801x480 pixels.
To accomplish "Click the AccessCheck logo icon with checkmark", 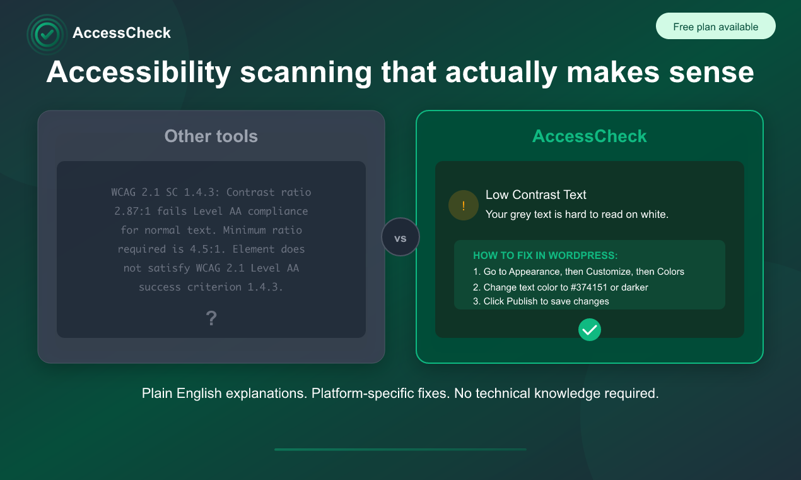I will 47,34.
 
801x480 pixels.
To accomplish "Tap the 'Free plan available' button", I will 715,27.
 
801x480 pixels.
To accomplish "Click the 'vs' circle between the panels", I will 400,237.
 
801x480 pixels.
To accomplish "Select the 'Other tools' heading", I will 211,136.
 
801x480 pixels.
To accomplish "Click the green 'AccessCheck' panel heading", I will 589,136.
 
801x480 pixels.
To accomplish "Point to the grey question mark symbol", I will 211,319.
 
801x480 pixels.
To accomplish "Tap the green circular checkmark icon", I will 590,329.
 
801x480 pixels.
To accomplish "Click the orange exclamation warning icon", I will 463,206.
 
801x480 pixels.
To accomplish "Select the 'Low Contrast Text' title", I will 535,195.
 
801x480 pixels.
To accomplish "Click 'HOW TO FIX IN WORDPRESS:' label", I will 545,256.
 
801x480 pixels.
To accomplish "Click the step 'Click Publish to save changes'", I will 541,301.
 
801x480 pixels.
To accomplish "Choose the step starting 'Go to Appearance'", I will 578,272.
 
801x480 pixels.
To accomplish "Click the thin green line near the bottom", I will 400,450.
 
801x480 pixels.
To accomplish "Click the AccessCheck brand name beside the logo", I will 121,33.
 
